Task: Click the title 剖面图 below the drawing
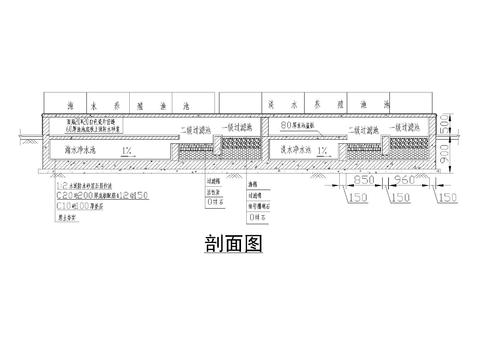point(239,246)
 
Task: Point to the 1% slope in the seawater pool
point(128,149)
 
